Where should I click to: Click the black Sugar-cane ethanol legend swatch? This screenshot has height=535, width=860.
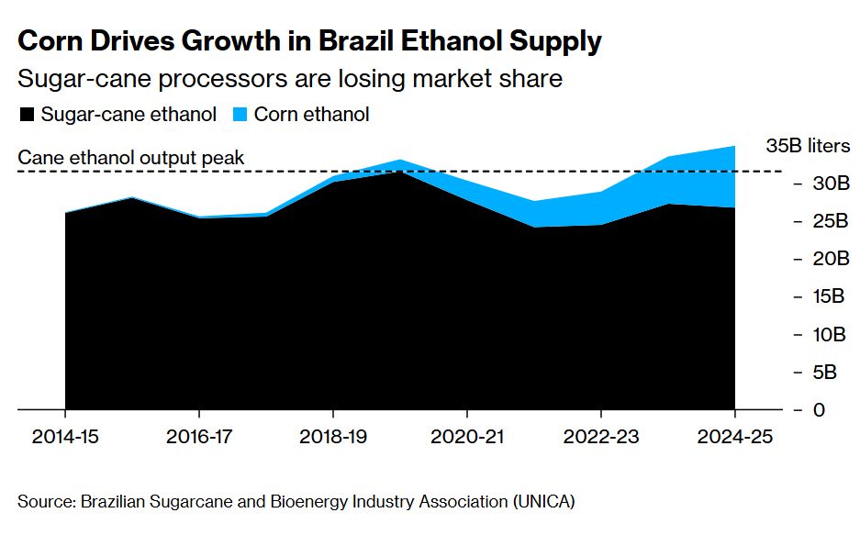pyautogui.click(x=27, y=116)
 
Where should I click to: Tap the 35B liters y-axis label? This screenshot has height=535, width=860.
pyautogui.click(x=808, y=146)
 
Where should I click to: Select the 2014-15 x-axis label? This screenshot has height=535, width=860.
pyautogui.click(x=65, y=437)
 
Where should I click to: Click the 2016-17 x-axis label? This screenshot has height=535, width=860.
pyautogui.click(x=199, y=437)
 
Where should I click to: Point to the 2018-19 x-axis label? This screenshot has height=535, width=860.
pyautogui.click(x=333, y=437)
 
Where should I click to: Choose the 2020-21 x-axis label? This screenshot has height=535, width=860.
pyautogui.click(x=467, y=437)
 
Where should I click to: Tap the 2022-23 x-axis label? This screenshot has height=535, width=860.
pyautogui.click(x=600, y=437)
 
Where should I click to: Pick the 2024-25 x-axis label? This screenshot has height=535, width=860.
pyautogui.click(x=734, y=437)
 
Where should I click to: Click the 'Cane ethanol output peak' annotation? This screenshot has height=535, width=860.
pyautogui.click(x=131, y=158)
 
